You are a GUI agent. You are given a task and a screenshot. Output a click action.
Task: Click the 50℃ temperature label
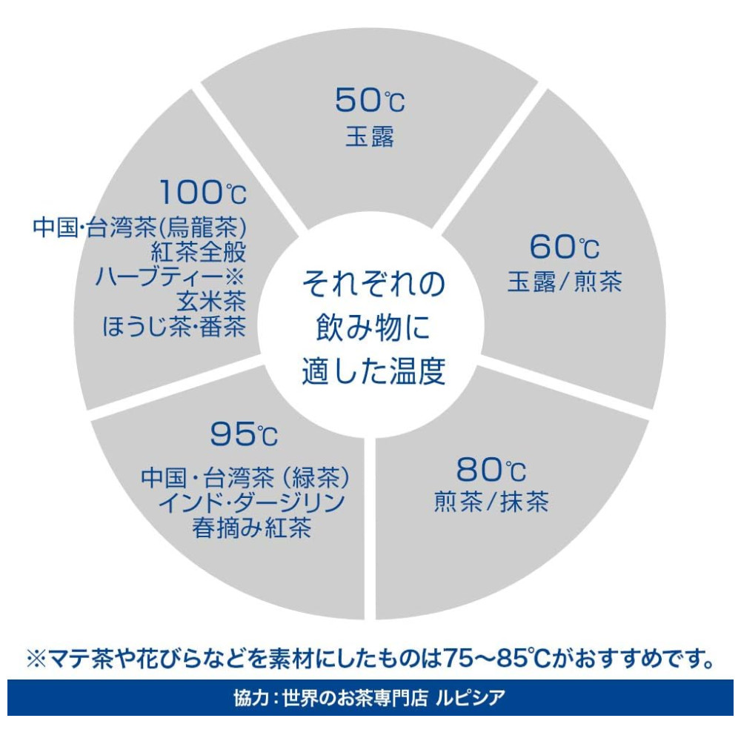click(370, 100)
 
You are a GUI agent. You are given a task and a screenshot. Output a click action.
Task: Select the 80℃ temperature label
click(491, 469)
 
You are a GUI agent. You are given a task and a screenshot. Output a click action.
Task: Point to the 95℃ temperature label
click(244, 433)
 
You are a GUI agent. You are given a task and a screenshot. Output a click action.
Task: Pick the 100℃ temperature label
click(203, 193)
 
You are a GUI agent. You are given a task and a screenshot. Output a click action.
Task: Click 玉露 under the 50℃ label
click(370, 136)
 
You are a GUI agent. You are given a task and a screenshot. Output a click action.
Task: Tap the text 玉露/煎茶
click(565, 282)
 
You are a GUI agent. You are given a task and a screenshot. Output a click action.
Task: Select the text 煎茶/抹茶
click(491, 502)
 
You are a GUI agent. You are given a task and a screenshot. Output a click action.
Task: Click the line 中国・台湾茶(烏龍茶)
click(140, 227)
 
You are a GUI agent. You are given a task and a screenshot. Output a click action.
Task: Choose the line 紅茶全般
click(199, 252)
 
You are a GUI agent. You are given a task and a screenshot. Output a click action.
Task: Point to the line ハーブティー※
click(170, 276)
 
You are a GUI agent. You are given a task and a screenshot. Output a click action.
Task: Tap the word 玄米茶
click(211, 301)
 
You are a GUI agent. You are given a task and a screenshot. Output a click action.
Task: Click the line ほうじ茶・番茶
click(174, 326)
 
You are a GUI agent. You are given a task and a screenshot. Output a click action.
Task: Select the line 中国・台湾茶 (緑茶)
click(246, 477)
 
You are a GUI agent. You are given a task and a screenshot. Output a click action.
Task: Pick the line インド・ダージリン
click(251, 502)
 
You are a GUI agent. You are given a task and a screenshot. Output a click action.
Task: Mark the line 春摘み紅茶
click(251, 528)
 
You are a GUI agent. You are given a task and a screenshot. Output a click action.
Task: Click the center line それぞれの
click(373, 284)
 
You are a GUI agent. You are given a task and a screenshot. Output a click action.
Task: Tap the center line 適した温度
click(373, 371)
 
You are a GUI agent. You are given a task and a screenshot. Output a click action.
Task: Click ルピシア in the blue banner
click(471, 697)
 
